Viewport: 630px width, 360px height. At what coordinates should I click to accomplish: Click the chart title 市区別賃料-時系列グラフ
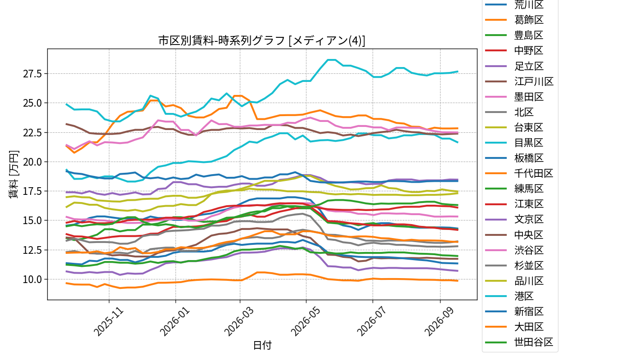tap(221, 40)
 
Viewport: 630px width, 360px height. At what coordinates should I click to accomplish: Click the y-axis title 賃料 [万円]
tap(13, 175)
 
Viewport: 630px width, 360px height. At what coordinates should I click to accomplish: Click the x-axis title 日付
tap(262, 345)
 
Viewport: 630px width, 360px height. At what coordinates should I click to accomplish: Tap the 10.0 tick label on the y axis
tap(32, 279)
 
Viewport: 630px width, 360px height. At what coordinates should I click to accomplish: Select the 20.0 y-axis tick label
tap(32, 162)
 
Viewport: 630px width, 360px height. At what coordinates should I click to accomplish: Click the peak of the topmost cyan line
tap(331, 59)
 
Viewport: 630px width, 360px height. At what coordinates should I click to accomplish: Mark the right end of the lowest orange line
tap(458, 281)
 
